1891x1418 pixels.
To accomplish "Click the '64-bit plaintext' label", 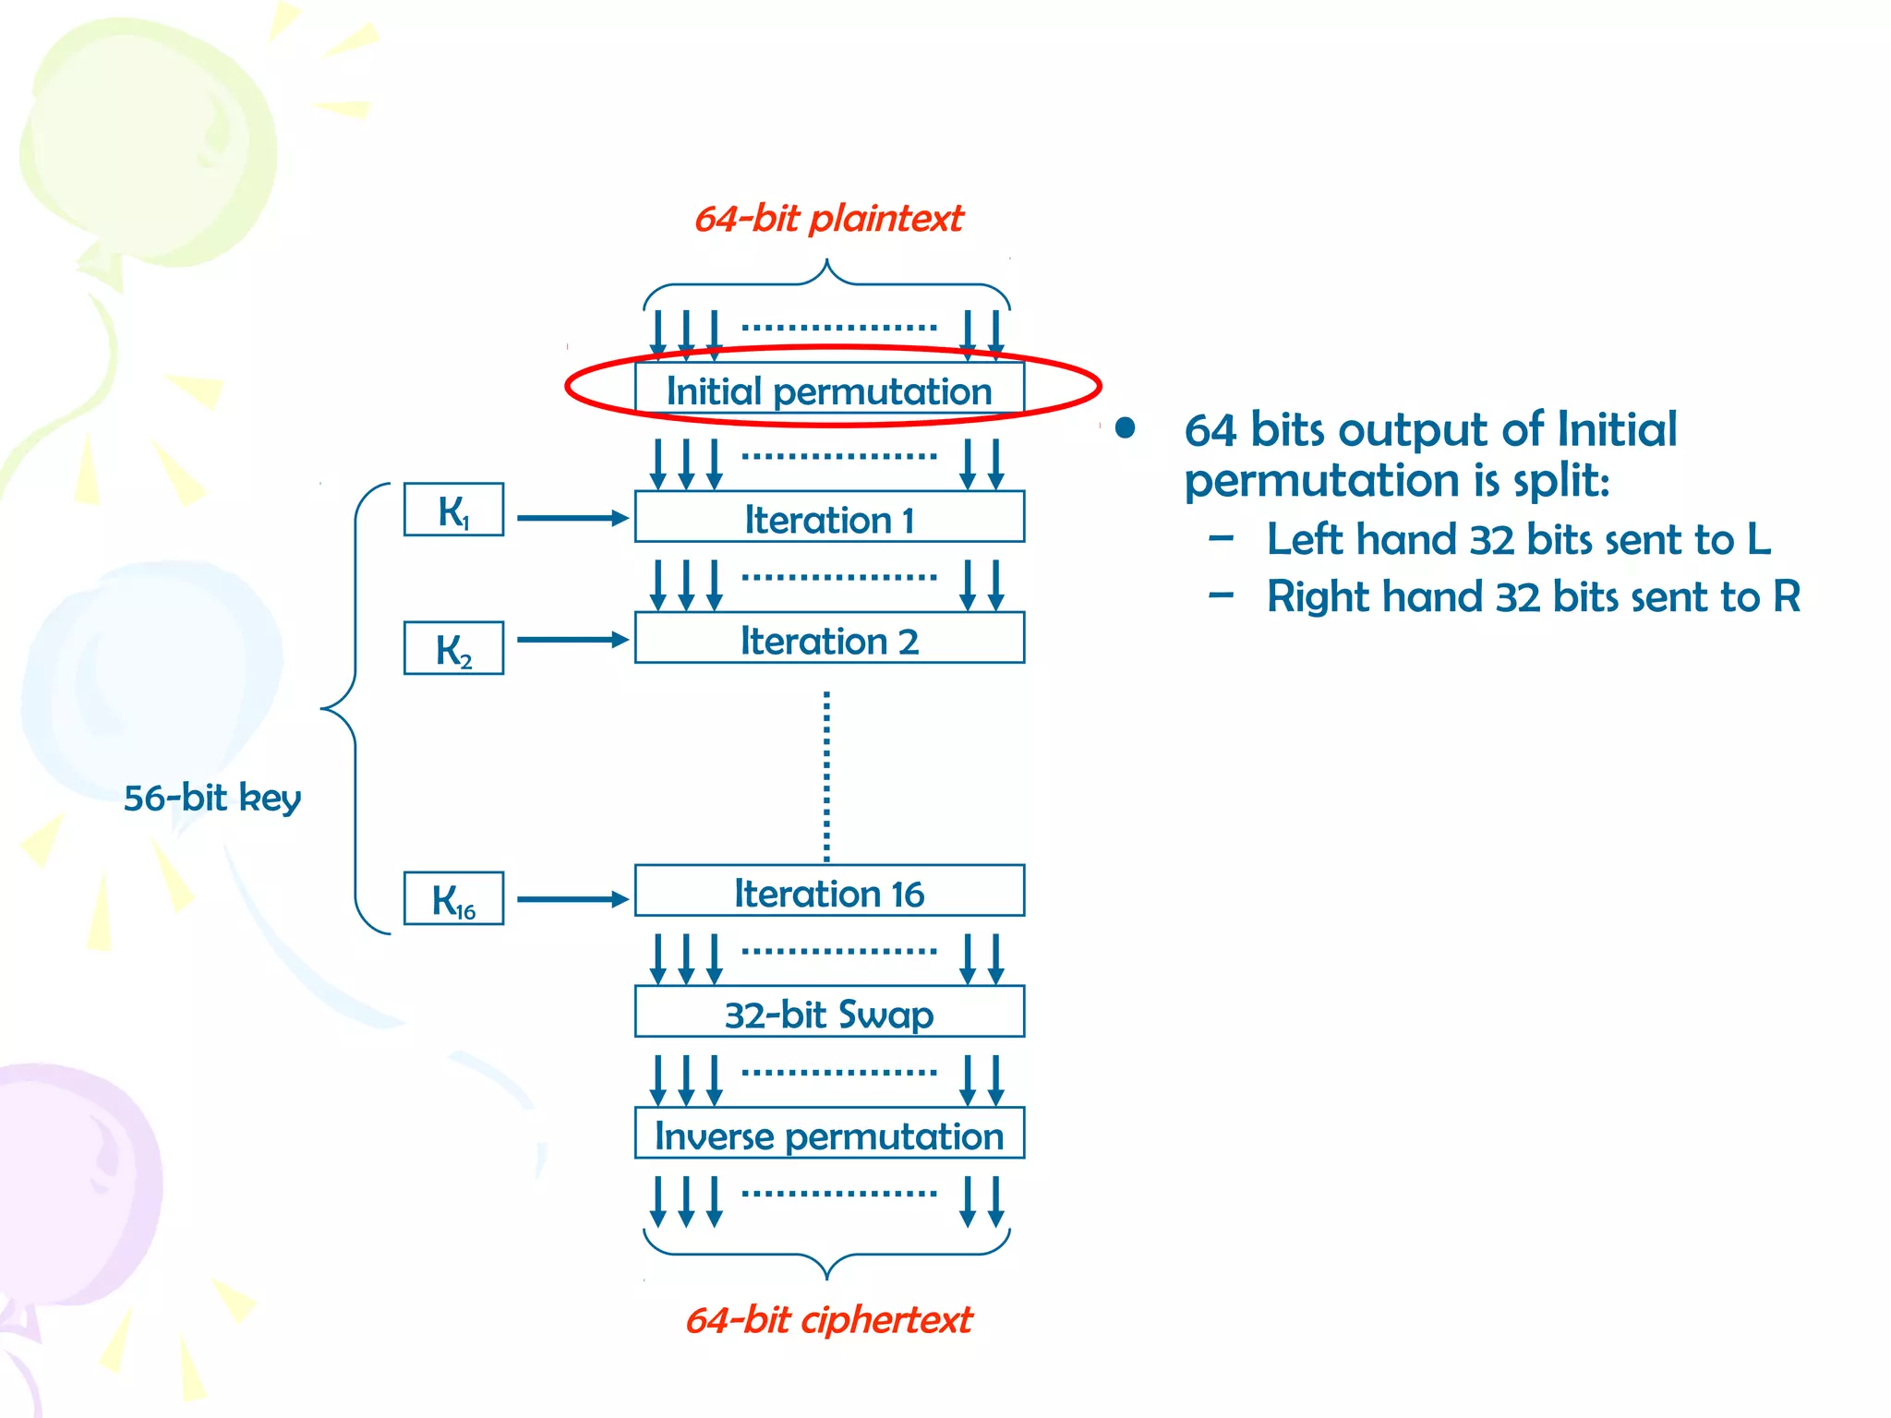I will point(828,219).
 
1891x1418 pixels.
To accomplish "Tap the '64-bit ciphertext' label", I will point(828,1320).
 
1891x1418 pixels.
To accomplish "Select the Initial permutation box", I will point(829,390).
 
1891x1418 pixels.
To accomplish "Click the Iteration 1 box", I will point(829,518).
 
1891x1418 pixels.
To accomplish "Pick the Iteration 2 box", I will point(829,639).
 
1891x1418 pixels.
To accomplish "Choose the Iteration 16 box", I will point(829,892).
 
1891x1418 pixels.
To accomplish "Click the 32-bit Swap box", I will point(829,1013).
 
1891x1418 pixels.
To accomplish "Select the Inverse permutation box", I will point(829,1135).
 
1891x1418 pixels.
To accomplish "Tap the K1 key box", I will point(453,510).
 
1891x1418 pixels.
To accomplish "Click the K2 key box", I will point(453,649).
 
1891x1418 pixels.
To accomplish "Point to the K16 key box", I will point(453,899).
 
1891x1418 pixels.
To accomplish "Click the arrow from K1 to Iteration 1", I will point(572,519).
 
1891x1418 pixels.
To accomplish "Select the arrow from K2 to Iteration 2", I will point(572,640).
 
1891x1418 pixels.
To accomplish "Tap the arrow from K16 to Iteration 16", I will point(572,899).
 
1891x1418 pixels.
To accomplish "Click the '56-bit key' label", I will point(212,798).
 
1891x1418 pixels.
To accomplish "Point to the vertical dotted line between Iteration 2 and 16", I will point(826,775).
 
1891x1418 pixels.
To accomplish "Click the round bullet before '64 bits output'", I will point(1125,428).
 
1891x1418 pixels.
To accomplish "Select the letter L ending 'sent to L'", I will point(1758,539).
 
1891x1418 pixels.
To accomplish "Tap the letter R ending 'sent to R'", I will point(1787,596).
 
